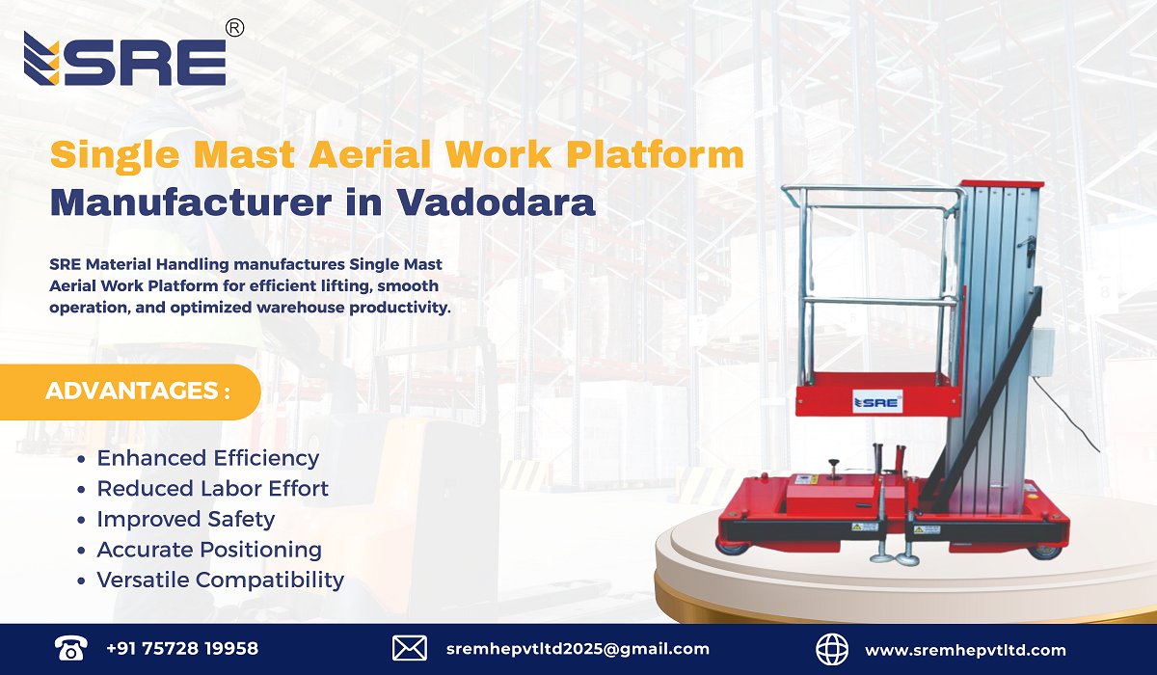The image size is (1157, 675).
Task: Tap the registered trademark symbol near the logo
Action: [234, 29]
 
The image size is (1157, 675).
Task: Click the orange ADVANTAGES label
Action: [138, 391]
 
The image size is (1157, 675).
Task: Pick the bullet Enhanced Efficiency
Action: [207, 458]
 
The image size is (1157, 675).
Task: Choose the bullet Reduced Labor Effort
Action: [212, 489]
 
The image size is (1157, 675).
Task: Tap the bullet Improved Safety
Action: [185, 519]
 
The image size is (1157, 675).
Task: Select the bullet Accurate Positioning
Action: [209, 550]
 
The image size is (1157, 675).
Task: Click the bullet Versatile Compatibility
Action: [220, 580]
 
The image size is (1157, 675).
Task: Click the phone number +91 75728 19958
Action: [182, 649]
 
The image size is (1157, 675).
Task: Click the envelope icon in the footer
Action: [410, 649]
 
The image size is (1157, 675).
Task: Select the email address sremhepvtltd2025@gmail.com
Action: [578, 649]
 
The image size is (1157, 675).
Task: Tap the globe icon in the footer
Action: [832, 649]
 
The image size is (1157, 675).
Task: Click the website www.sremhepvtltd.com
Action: [965, 650]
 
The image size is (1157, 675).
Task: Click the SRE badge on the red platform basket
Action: [876, 401]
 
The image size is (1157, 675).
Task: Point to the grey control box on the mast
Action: [1042, 354]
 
